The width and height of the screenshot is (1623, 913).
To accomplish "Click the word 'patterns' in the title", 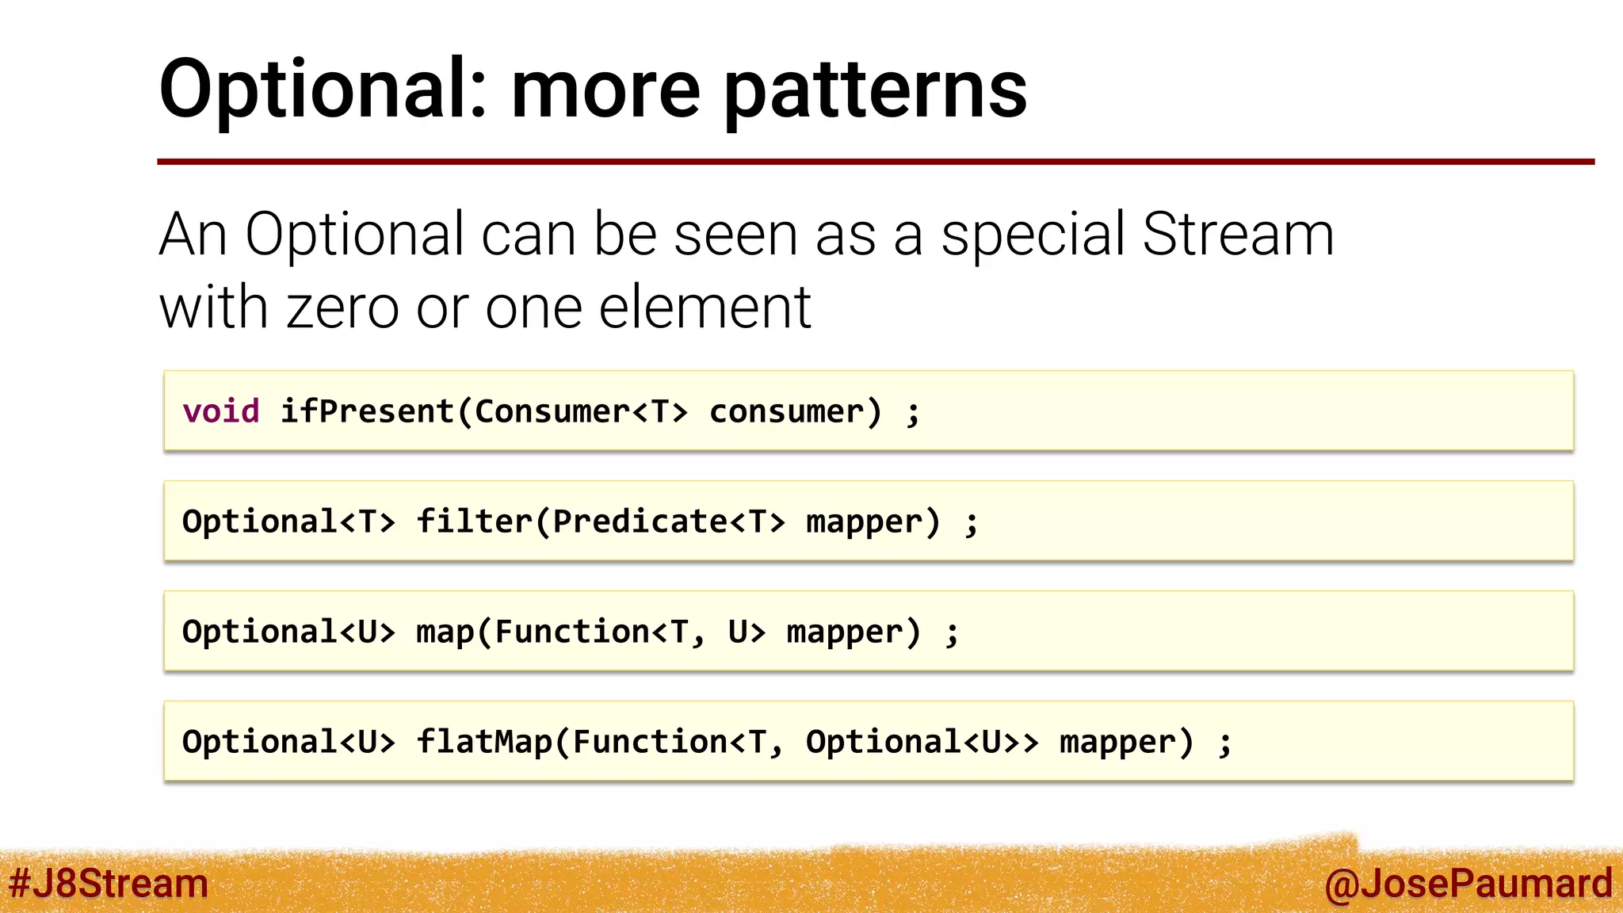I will (876, 91).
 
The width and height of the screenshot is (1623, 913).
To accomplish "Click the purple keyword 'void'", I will (221, 411).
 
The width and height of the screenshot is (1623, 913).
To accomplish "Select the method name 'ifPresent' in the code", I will (367, 411).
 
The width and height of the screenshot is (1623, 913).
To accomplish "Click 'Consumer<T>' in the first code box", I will (581, 411).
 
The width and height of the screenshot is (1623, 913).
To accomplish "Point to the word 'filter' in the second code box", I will (475, 521).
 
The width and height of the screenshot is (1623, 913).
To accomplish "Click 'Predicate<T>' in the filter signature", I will (669, 521).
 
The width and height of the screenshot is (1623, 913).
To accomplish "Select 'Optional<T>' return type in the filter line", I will (288, 521).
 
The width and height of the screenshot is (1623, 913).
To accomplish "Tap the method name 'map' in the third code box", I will (445, 632).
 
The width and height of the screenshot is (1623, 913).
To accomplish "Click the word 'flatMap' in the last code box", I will (483, 742).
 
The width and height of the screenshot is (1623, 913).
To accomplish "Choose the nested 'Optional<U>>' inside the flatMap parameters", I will (922, 742).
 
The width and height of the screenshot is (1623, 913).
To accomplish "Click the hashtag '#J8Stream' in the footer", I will (108, 883).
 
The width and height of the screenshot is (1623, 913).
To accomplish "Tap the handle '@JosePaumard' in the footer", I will (1468, 883).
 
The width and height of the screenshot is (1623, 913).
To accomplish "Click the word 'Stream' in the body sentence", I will (1238, 235).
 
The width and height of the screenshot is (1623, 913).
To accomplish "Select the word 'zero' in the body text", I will (342, 308).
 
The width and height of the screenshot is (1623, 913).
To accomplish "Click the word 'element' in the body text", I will (705, 308).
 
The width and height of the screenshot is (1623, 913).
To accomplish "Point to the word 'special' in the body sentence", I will (1033, 235).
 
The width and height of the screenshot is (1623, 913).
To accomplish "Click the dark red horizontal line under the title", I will (872, 162).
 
